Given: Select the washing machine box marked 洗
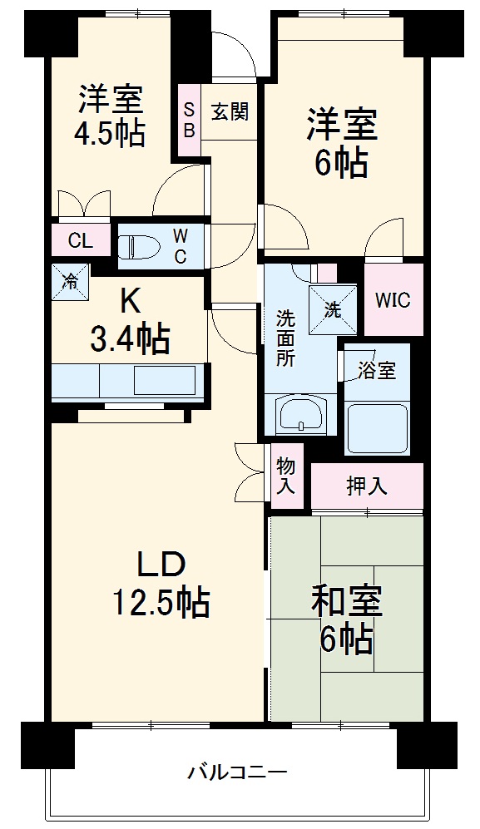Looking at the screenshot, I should pyautogui.click(x=332, y=309).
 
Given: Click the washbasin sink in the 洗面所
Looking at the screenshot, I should pyautogui.click(x=300, y=414).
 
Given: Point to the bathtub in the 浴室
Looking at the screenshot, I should pyautogui.click(x=377, y=429).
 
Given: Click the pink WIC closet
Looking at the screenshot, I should pyautogui.click(x=393, y=300).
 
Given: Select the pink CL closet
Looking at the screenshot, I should pyautogui.click(x=80, y=241).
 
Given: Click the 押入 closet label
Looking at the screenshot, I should pyautogui.click(x=367, y=486).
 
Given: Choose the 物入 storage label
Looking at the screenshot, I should pyautogui.click(x=285, y=476).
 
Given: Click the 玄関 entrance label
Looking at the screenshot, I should pyautogui.click(x=229, y=111).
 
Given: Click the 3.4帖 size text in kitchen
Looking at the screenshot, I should pyautogui.click(x=130, y=339).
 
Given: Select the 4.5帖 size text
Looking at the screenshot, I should pyautogui.click(x=110, y=132).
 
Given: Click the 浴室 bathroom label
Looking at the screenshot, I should pyautogui.click(x=377, y=371).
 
